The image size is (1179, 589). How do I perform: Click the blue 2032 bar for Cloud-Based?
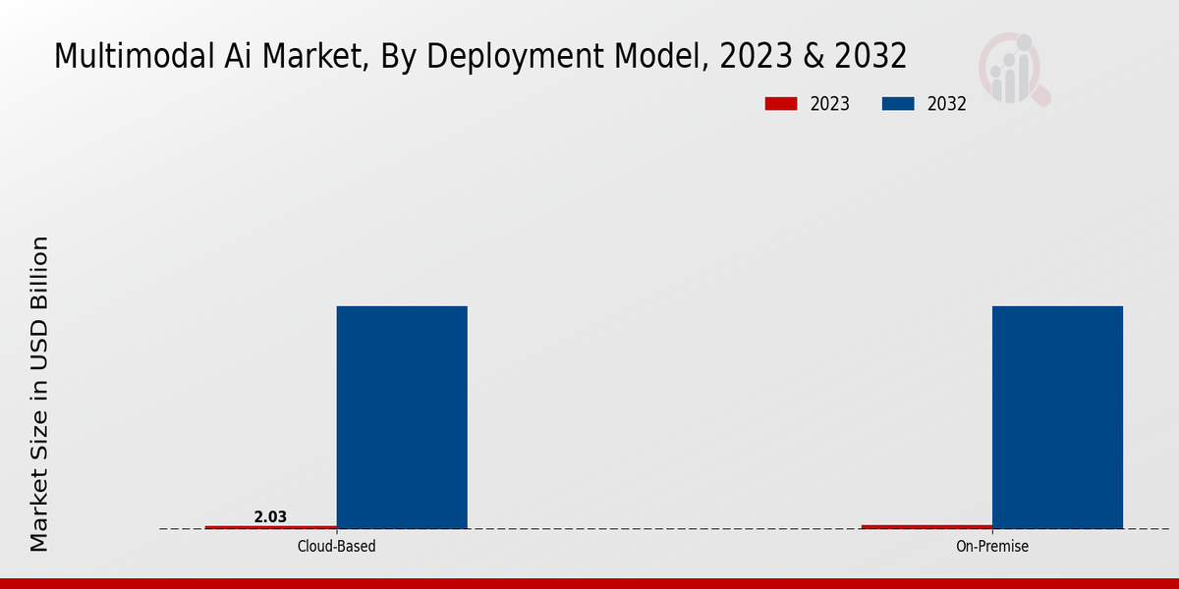pos(402,417)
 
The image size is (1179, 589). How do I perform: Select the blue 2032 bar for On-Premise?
pos(1057,417)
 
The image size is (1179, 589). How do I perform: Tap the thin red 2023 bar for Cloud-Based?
pos(270,527)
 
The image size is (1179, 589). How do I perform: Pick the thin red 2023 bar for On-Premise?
pos(926,526)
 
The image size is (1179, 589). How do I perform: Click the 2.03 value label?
pos(270,516)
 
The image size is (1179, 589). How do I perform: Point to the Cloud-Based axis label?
pos(336,546)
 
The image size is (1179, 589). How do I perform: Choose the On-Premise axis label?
pos(992,546)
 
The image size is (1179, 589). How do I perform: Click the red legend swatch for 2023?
pos(781,104)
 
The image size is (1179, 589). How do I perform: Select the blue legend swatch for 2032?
pos(899,104)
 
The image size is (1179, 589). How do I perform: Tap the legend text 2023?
pos(830,104)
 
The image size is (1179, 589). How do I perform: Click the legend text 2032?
pos(947,104)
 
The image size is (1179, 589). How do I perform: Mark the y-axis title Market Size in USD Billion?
pos(39,393)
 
